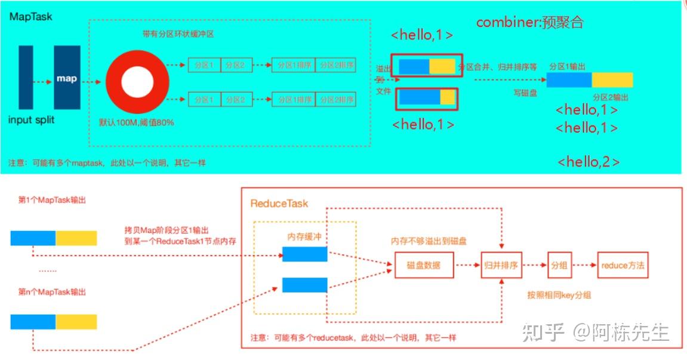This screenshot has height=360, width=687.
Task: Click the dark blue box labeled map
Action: pyautogui.click(x=67, y=78)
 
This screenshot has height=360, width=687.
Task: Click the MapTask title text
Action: pyautogui.click(x=30, y=17)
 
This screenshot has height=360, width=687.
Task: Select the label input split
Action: pyautogui.click(x=32, y=120)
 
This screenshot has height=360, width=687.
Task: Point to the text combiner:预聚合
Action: pyautogui.click(x=529, y=23)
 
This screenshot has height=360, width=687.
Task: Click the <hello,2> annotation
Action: pyautogui.click(x=588, y=162)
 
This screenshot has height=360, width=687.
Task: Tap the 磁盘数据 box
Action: pyautogui.click(x=424, y=265)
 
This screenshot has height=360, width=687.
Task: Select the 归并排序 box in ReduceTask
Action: pyautogui.click(x=501, y=265)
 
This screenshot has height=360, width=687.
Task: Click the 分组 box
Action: pyautogui.click(x=559, y=265)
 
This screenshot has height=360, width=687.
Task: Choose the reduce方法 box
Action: pyautogui.click(x=623, y=265)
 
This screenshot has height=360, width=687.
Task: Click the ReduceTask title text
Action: pyautogui.click(x=279, y=204)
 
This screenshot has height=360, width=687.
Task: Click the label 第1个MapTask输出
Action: pyautogui.click(x=53, y=201)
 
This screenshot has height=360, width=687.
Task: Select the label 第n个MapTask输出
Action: pyautogui.click(x=53, y=293)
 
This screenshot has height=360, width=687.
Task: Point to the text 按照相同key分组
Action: pyautogui.click(x=559, y=296)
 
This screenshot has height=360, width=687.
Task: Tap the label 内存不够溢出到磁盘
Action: pyautogui.click(x=429, y=242)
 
